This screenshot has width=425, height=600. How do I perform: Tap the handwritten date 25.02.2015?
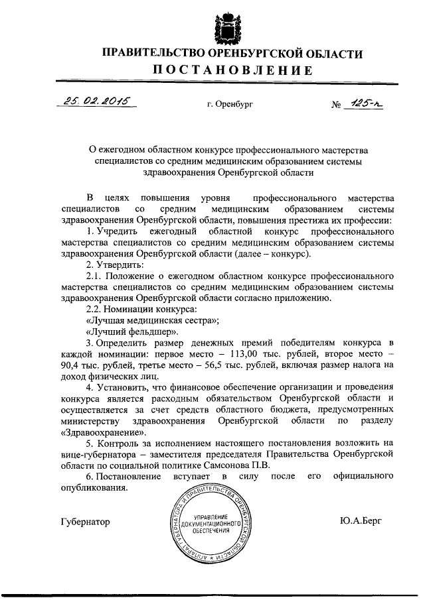[96, 101]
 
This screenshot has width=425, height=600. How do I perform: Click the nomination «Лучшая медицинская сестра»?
[143, 320]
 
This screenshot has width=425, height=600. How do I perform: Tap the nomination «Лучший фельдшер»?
[127, 331]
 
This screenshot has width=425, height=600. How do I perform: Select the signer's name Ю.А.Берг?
[361, 522]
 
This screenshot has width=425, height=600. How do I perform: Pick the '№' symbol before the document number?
[335, 104]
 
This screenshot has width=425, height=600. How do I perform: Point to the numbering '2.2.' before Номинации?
[95, 309]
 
